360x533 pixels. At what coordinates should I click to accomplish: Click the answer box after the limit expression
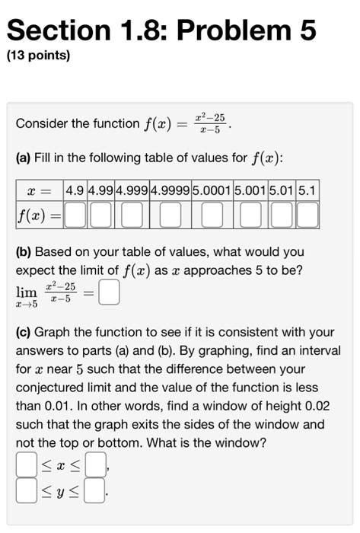pos(109,293)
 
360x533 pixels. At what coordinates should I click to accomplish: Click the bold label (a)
pos(24,158)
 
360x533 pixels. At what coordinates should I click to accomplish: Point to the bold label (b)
pos(24,251)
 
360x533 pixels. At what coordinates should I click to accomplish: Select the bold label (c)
pos(24,332)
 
